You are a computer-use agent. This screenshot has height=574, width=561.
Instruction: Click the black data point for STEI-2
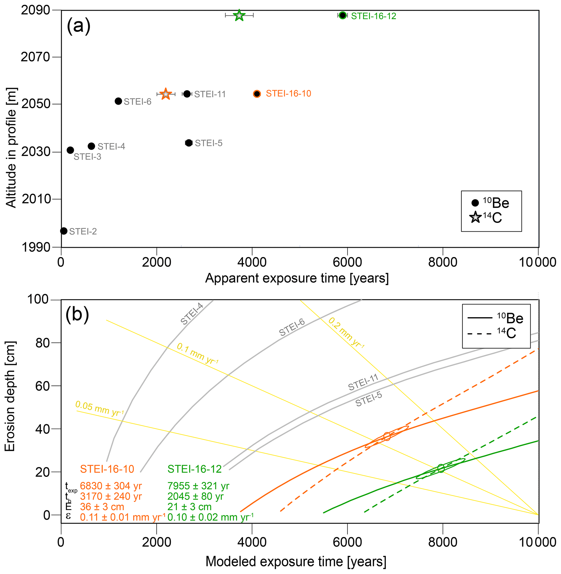pos(64,231)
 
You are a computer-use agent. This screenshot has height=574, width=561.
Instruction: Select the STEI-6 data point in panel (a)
pos(118,101)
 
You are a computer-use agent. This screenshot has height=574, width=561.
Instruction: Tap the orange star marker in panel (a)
pos(166,94)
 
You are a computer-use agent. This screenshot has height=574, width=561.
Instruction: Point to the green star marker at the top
pos(239,15)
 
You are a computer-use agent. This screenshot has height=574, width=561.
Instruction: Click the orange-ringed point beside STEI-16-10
pos(257,94)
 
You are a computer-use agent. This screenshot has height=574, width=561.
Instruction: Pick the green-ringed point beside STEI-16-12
pos(342,15)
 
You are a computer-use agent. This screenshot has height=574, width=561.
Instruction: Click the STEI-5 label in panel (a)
pos(209,143)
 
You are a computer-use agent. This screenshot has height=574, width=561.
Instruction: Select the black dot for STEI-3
pos(70,150)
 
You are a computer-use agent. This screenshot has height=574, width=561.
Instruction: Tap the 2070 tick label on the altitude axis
pos(35,57)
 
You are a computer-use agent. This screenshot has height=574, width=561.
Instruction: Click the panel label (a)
pos(78,26)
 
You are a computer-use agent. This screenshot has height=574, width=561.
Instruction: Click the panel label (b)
pos(77,315)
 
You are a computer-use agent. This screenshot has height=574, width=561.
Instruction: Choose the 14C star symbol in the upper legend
pos(475,217)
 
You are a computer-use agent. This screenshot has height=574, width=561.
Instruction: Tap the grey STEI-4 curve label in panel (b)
pos(192,314)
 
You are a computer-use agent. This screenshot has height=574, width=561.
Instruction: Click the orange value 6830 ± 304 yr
pos(111,486)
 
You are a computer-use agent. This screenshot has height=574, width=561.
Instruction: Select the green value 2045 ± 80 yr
pos(195,496)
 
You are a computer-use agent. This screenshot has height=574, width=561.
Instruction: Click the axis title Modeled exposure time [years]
pos(296,562)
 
